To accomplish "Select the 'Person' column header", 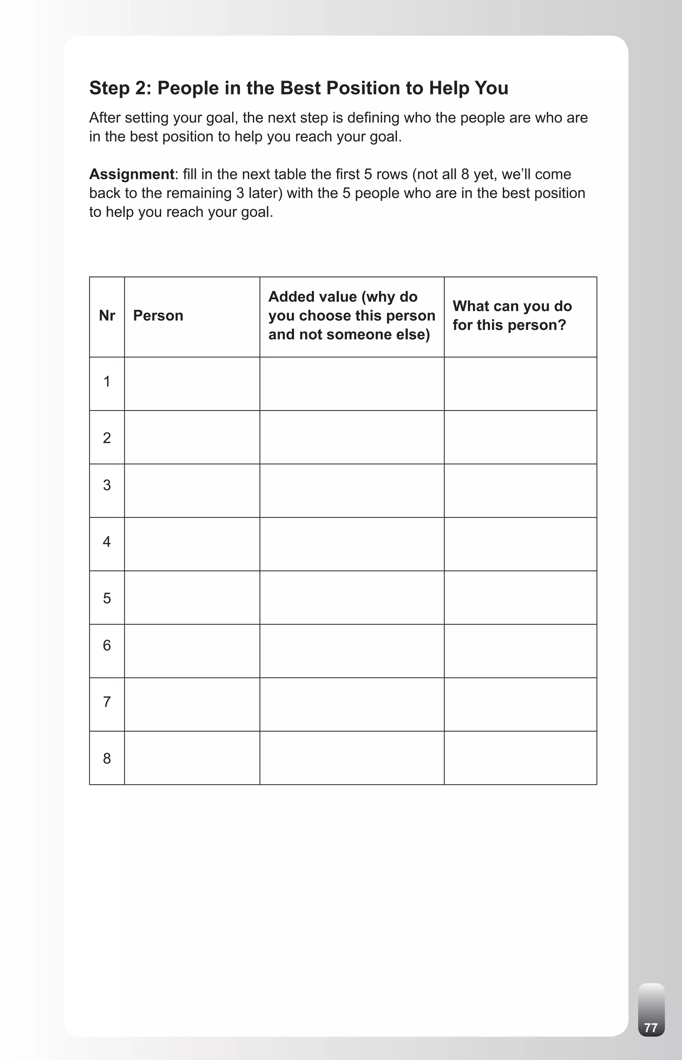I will coord(158,316).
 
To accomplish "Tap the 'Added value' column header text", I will coord(352,315).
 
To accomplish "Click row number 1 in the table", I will coord(107,381).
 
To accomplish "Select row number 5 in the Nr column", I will coord(107,598).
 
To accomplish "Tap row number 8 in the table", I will coord(107,758).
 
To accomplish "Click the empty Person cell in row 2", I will coord(192,438).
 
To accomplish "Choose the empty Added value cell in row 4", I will coord(352,544).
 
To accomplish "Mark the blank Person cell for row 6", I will coord(192,651).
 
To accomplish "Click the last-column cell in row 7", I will coord(520,704).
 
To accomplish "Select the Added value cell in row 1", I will coord(352,384).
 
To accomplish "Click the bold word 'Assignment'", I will coord(132,174).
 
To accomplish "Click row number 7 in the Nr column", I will coord(107,702).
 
